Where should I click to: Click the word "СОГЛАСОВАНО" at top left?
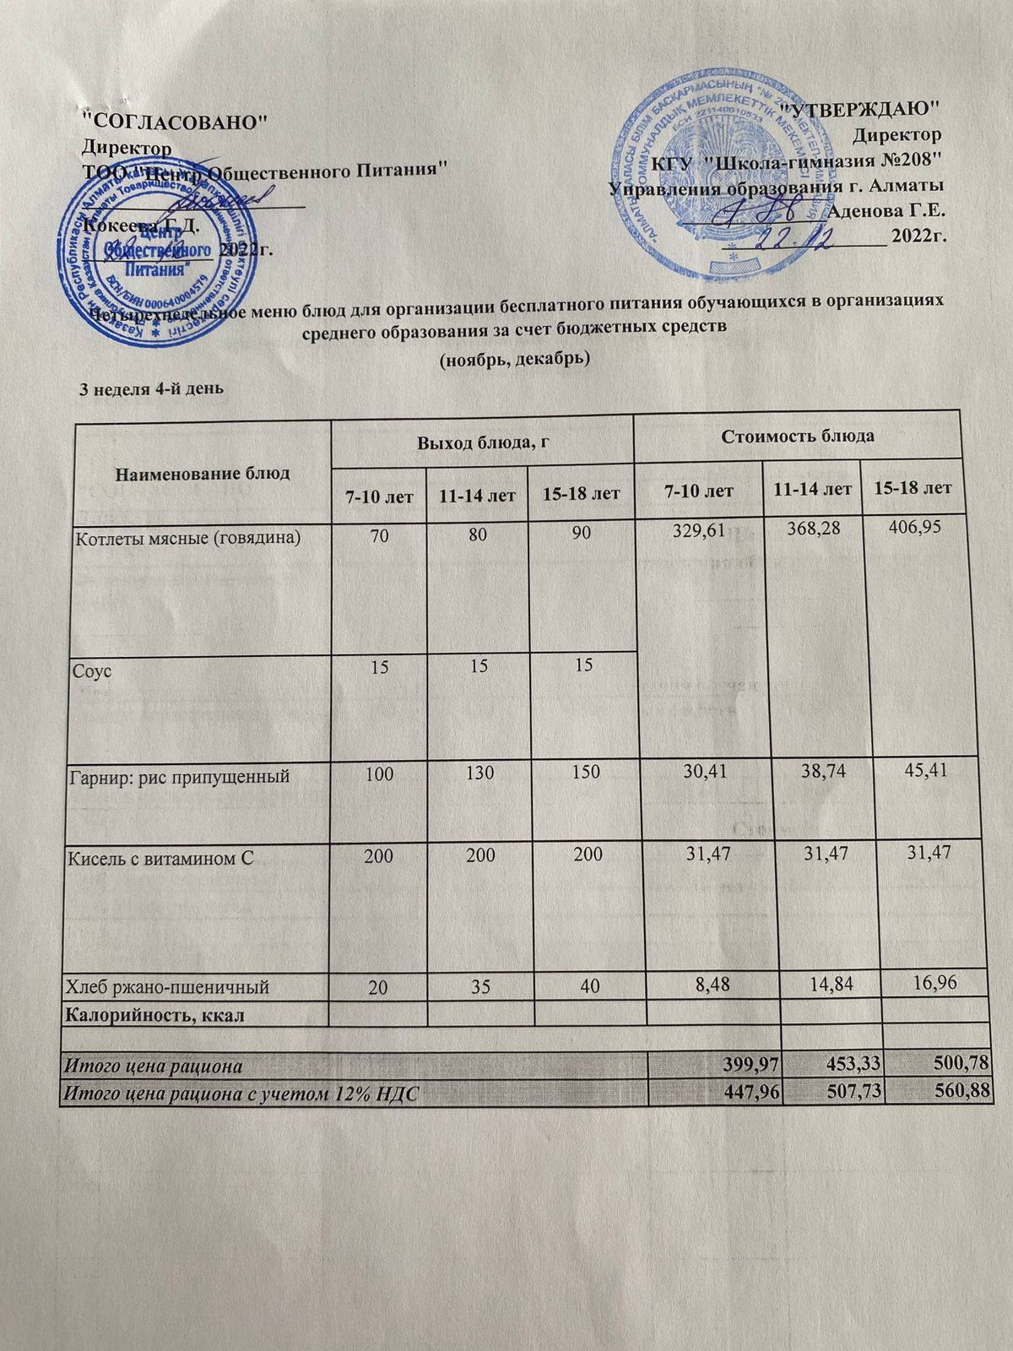[x=178, y=121]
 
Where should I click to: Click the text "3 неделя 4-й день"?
[x=150, y=389]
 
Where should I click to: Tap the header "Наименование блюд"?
[x=203, y=473]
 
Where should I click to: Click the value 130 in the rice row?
[x=476, y=773]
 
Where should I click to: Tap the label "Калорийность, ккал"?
[x=156, y=1014]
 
